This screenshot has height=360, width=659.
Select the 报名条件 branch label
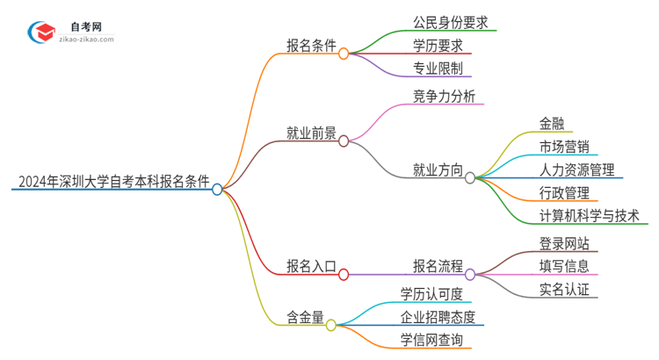311,47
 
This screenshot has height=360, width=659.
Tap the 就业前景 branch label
311,133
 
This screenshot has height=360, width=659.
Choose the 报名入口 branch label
311,266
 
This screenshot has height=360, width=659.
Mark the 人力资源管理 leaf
577,169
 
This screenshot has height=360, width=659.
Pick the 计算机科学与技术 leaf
589,214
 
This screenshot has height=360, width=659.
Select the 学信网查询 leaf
431,340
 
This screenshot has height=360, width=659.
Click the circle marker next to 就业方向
470,177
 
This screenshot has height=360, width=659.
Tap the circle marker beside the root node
218,189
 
